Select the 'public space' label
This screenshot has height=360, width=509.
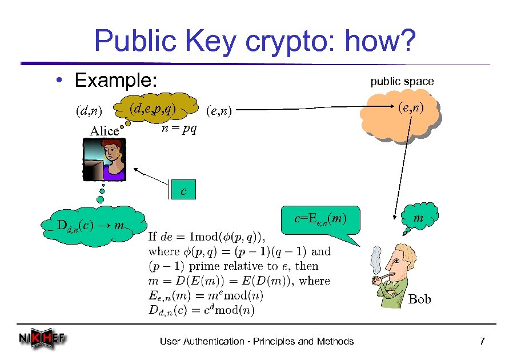[x=402, y=81]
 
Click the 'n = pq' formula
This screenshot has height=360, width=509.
[x=179, y=129]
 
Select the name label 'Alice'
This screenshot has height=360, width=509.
[x=105, y=131]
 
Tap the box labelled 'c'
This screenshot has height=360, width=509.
[x=183, y=190]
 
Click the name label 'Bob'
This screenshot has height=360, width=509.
[x=420, y=299]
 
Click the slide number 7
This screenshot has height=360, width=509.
[x=482, y=342]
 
